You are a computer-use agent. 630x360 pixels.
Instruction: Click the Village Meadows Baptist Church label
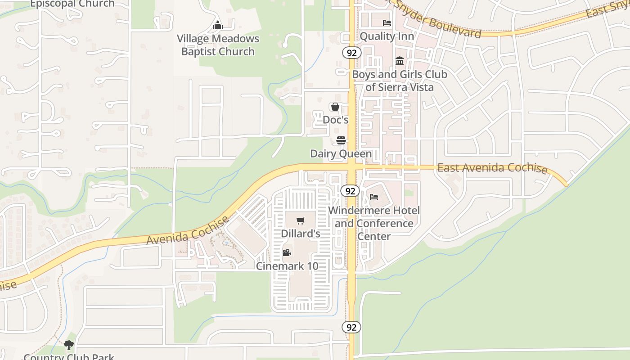tap(218, 45)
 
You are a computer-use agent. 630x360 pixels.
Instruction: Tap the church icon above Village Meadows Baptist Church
tap(218, 25)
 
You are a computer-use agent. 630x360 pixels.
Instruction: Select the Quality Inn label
tap(387, 36)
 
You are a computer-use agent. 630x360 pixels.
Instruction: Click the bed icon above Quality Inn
tap(387, 23)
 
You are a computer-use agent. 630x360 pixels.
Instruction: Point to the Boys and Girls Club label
tap(400, 81)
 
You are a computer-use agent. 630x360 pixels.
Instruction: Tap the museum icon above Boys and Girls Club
tap(399, 61)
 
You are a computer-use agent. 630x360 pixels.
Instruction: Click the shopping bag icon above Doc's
tap(335, 107)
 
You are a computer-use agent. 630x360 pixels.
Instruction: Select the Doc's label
tap(336, 120)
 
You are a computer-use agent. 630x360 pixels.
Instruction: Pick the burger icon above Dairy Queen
tap(341, 140)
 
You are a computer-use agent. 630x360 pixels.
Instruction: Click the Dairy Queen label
tap(341, 154)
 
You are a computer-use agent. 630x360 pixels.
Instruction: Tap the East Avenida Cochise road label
tap(492, 168)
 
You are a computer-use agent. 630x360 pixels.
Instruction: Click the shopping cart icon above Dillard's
tap(300, 220)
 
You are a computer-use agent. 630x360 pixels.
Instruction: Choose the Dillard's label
tap(301, 234)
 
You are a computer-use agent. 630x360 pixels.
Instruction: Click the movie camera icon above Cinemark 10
tap(287, 252)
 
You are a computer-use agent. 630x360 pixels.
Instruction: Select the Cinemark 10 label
tap(287, 266)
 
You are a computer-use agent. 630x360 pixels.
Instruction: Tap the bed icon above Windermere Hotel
tap(374, 197)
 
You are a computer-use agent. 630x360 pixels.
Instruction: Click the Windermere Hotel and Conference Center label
tap(374, 223)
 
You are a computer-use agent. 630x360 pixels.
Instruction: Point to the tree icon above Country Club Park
tap(68, 345)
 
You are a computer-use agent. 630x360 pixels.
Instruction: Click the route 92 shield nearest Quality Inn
tap(352, 53)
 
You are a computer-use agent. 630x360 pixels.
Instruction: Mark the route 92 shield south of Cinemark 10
tap(351, 327)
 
